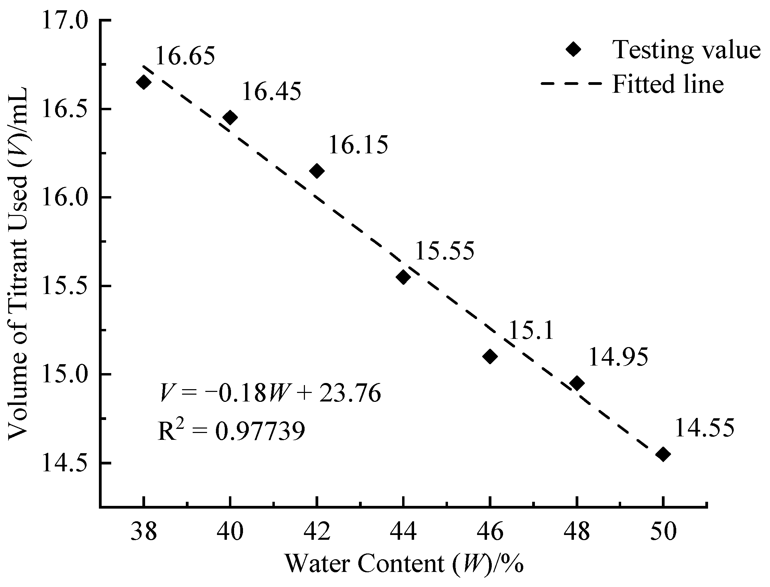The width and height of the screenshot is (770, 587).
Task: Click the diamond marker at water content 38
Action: (x=144, y=82)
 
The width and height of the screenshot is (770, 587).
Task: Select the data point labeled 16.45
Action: (x=230, y=117)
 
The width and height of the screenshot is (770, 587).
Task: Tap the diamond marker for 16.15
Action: (x=317, y=171)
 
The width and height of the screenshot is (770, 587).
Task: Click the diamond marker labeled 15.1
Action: (x=490, y=356)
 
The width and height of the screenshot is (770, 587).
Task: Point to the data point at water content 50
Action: (x=663, y=454)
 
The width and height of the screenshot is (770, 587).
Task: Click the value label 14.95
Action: (x=618, y=357)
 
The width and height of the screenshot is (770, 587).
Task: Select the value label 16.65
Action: (x=185, y=56)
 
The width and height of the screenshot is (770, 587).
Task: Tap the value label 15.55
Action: (x=445, y=251)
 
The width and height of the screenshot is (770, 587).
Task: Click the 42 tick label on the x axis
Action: (x=317, y=532)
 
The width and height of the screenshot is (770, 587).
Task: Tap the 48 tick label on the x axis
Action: (x=577, y=532)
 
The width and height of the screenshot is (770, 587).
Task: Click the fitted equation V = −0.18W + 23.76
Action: (x=270, y=393)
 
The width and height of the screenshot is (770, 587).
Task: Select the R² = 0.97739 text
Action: (x=231, y=431)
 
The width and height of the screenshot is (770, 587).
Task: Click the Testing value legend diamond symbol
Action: (x=573, y=49)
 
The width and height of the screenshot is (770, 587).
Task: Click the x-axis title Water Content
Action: (x=404, y=564)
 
